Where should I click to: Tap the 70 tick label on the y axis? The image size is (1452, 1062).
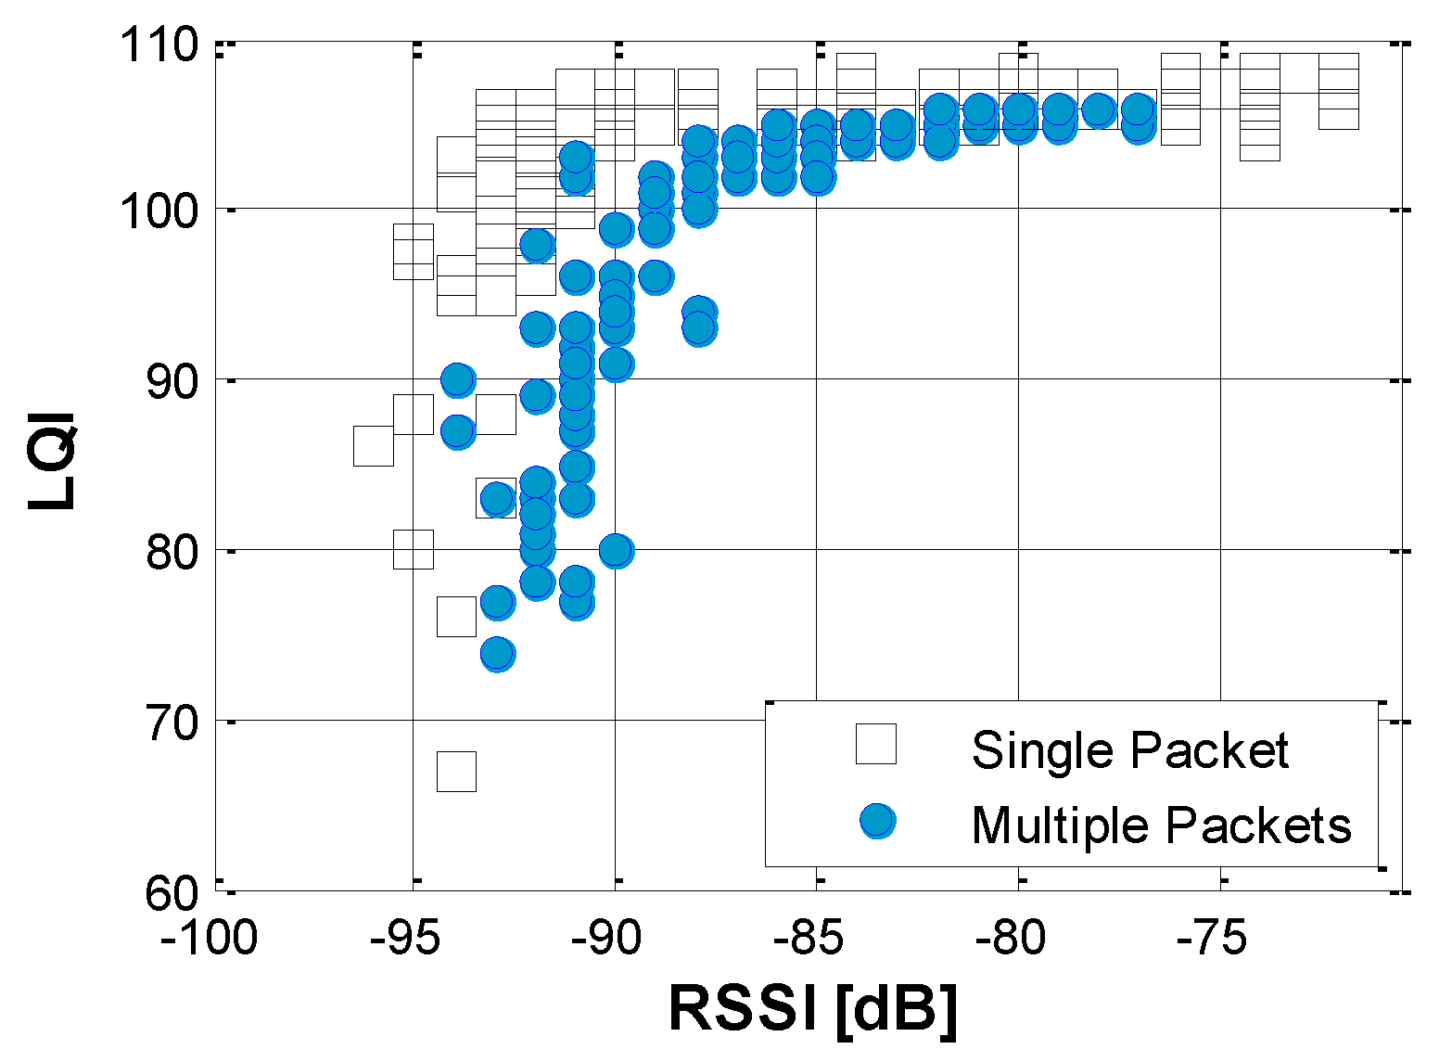172,723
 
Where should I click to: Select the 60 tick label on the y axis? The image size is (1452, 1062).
172,893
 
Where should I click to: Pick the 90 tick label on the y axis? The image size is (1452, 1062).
172,381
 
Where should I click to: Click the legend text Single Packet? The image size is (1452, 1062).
1129,749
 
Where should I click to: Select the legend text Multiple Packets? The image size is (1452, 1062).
1161,824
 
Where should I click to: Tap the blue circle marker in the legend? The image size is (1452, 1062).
877,821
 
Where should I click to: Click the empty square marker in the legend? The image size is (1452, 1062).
876,744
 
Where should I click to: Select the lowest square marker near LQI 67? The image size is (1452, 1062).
456,772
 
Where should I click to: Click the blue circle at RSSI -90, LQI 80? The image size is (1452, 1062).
616,551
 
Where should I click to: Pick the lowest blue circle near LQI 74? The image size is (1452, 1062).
498,654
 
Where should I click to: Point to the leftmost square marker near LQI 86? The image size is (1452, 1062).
374,446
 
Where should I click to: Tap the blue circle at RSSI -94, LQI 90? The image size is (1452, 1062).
457,379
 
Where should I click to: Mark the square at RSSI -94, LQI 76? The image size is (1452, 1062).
456,617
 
